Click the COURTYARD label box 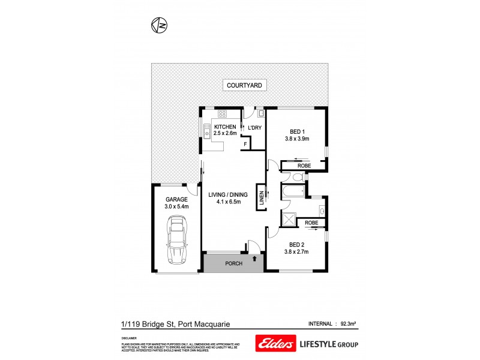(244, 85)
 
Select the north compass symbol (159, 25)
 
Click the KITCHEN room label (225, 127)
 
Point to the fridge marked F (245, 144)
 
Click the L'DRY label (254, 128)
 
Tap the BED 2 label (296, 244)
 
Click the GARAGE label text (176, 200)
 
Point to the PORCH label (233, 263)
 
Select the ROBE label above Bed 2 (311, 223)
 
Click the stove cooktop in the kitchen (222, 113)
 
